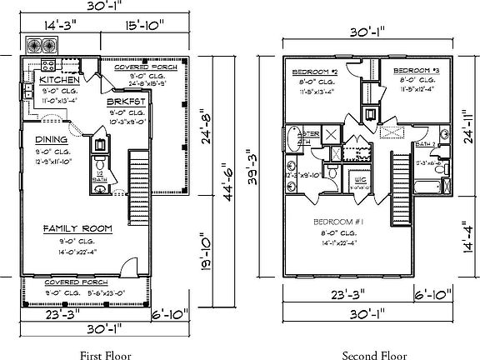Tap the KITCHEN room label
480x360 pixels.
pos(52,79)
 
